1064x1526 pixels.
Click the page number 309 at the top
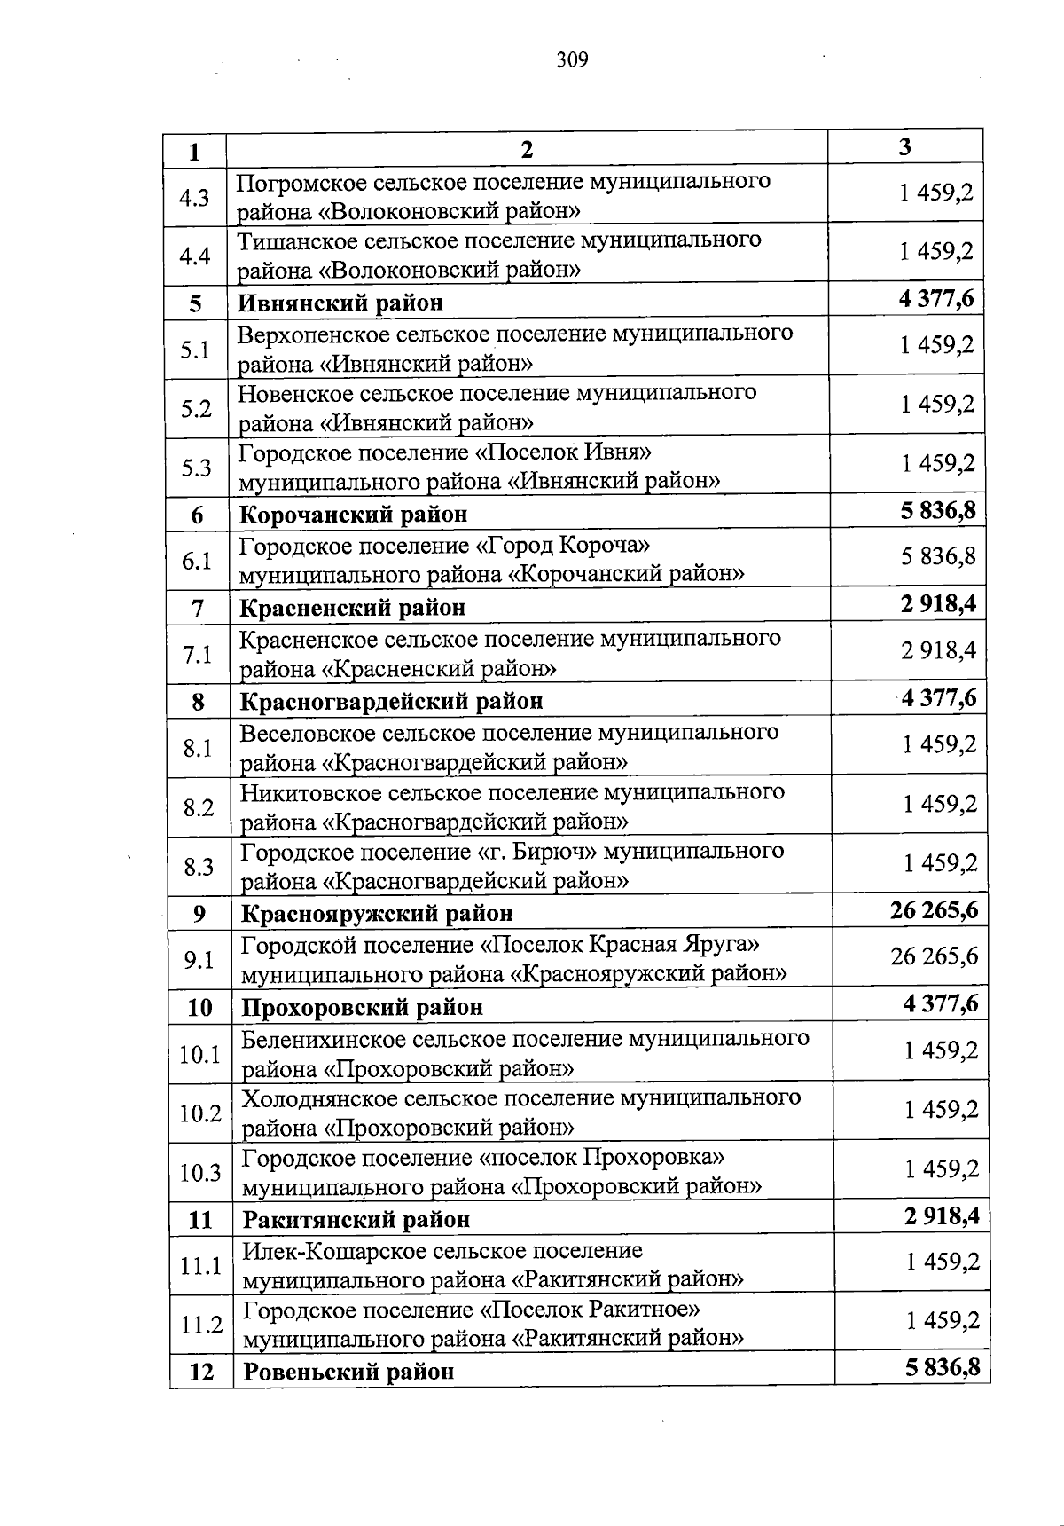tap(572, 60)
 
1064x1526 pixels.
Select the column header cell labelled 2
tap(527, 149)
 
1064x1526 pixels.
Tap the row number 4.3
tap(194, 197)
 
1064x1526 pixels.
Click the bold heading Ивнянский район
tap(340, 303)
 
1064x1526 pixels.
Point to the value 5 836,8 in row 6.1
tap(938, 556)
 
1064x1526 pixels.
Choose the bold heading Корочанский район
tap(354, 515)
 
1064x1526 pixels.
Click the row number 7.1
tap(197, 655)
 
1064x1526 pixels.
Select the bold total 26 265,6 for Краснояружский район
tap(934, 910)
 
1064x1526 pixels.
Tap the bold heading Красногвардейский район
tap(391, 702)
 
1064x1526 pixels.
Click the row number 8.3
tap(199, 867)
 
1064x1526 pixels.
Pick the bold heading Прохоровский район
tap(363, 1008)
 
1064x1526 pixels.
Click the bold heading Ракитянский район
tap(356, 1220)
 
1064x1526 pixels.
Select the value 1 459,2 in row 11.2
tap(942, 1321)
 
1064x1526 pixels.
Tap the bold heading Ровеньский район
tap(348, 1372)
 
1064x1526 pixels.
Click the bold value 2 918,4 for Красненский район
tap(939, 605)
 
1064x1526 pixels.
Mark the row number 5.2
tap(196, 409)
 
